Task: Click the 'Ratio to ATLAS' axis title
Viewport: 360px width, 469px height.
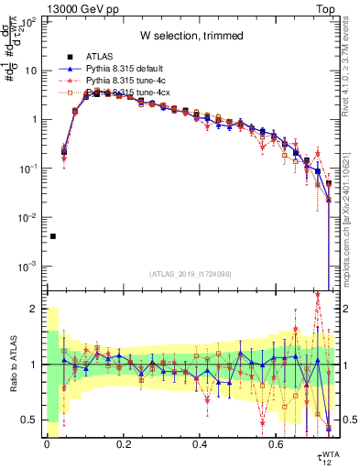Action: click(x=11, y=364)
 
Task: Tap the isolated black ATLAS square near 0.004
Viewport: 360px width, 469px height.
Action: click(x=53, y=236)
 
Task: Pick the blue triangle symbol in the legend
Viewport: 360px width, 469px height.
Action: click(x=64, y=69)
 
